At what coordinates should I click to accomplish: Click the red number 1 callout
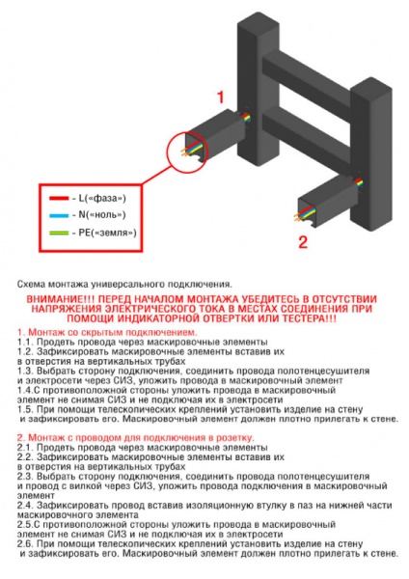(x=221, y=96)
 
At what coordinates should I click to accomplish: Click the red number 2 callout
(x=302, y=241)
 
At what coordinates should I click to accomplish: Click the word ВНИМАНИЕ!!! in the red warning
(x=57, y=299)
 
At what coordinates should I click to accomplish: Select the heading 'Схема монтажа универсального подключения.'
(x=125, y=285)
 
